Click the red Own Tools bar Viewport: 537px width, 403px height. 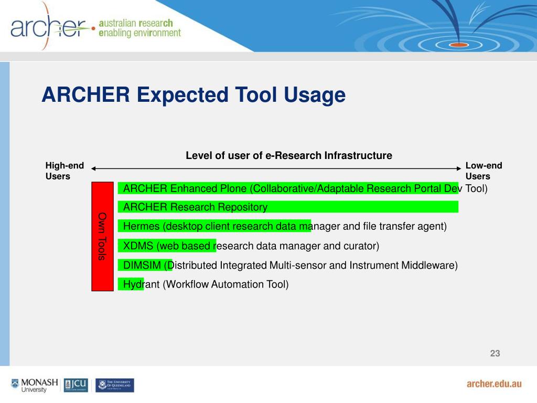tap(102, 237)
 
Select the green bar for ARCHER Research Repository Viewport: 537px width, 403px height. tap(288, 207)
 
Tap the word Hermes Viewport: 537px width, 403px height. tap(141, 226)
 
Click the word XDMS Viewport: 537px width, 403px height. tap(138, 246)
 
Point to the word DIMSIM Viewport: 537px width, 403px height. tap(142, 265)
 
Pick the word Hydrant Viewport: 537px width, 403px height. tap(141, 284)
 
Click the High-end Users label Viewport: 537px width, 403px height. tap(65, 171)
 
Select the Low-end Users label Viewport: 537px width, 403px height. tap(484, 171)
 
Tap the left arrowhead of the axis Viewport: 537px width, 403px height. tap(93, 168)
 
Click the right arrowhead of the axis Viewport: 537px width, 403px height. tap(459, 168)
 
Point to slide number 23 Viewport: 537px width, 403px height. tap(495, 353)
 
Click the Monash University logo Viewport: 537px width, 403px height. tap(35, 385)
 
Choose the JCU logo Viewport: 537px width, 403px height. tap(76, 385)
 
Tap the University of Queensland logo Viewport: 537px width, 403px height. tap(115, 385)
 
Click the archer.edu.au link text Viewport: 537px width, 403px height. tap(494, 384)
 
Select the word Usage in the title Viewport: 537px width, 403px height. tap(315, 95)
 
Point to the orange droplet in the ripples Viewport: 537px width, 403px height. tap(458, 45)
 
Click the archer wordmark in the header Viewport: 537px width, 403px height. tap(48, 27)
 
